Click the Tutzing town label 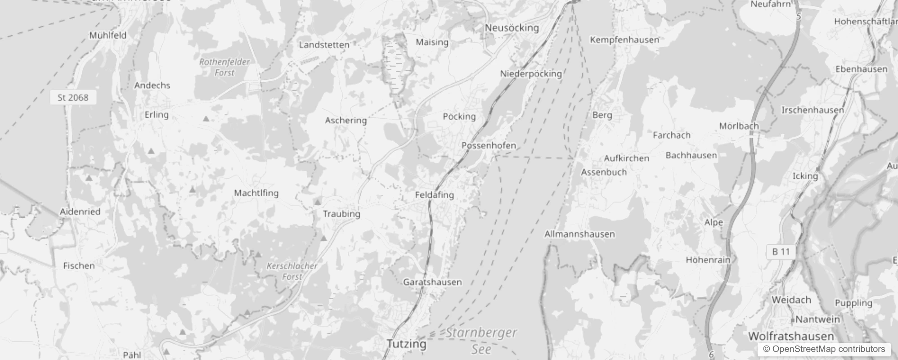[406, 344]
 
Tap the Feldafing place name [434, 195]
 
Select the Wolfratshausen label [790, 336]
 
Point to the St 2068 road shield [73, 97]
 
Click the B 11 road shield [781, 252]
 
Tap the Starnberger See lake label [481, 341]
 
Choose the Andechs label [152, 85]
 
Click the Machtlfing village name [256, 193]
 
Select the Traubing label [341, 214]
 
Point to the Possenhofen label [489, 146]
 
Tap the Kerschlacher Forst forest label [292, 271]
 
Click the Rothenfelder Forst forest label [224, 67]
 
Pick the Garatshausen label [432, 282]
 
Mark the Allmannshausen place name [579, 234]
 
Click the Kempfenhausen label [624, 40]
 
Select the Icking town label [805, 175]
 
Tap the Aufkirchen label [626, 158]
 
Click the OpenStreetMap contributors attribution [824, 349]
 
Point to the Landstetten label [324, 45]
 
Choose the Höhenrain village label [708, 260]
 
